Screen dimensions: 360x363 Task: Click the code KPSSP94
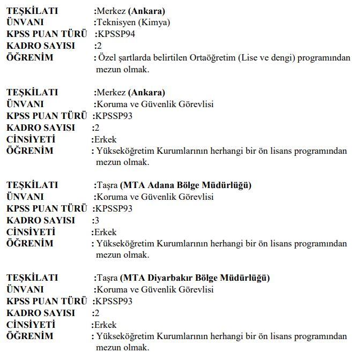point(114,34)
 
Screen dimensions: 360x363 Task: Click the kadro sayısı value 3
point(97,220)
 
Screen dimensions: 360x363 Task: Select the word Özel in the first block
point(105,58)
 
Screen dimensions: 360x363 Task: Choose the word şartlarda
point(132,58)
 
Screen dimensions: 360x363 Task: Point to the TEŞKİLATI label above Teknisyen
point(32,11)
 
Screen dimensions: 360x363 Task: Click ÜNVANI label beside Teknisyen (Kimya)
point(25,22)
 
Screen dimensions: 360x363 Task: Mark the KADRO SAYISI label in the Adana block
point(41,220)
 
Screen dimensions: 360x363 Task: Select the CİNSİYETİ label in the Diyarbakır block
point(31,325)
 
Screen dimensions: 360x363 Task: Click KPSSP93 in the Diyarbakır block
point(114,301)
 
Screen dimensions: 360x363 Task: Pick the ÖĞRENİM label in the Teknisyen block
point(30,58)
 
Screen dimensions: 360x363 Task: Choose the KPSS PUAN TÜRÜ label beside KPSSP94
point(47,34)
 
